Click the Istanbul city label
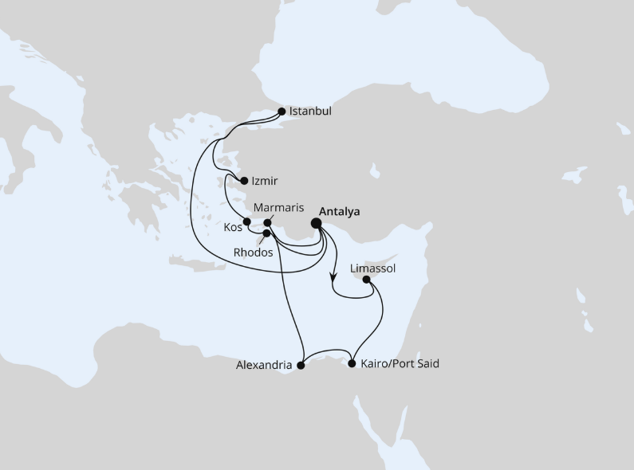pos(311,112)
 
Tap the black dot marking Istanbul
pos(282,112)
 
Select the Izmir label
pos(264,182)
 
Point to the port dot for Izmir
pos(244,181)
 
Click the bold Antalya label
pos(339,212)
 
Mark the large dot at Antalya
pos(317,223)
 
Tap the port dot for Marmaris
pos(268,222)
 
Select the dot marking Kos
pos(247,222)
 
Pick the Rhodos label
pos(254,253)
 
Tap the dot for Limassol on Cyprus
pos(366,280)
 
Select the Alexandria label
pos(264,366)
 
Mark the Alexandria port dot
pos(301,366)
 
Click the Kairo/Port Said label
pos(400,364)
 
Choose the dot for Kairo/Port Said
pos(352,364)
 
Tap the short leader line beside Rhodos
pos(260,240)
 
